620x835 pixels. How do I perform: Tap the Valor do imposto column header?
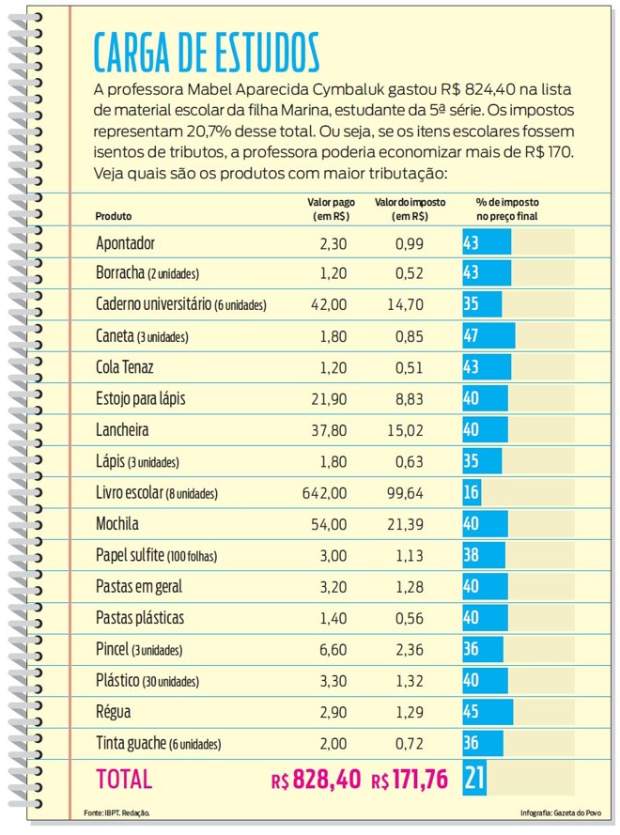click(410, 209)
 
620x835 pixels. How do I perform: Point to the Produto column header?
click(114, 216)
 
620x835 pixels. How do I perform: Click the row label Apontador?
click(125, 243)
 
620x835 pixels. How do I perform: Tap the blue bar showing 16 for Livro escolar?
click(472, 492)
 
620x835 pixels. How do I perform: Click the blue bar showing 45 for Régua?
click(487, 711)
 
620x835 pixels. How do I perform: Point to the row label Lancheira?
click(123, 430)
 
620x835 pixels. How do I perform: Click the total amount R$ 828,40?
click(316, 780)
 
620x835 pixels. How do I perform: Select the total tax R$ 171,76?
click(410, 780)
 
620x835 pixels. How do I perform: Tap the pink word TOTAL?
click(124, 779)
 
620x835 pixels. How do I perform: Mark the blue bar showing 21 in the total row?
click(474, 779)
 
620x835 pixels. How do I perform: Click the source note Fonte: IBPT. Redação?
click(116, 812)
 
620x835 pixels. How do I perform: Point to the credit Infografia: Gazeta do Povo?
click(561, 812)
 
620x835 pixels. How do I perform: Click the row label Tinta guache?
click(159, 743)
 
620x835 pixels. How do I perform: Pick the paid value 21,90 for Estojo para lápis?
click(329, 399)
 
